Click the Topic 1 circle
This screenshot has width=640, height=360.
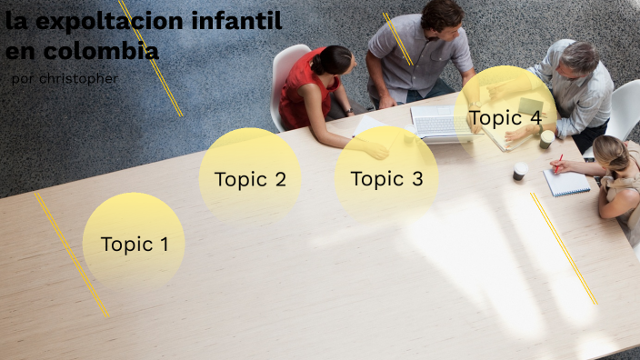[x=134, y=243]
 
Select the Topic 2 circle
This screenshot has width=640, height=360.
[x=250, y=178]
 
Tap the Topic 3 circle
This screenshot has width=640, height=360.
[x=386, y=178]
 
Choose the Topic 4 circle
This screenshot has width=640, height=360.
[x=505, y=116]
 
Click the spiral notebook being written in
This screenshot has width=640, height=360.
[x=566, y=183]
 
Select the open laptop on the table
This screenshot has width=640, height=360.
[x=440, y=124]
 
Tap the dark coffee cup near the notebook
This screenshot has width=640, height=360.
[x=519, y=171]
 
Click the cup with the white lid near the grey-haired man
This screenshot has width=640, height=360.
[x=546, y=138]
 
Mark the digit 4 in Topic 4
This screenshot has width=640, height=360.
[x=535, y=116]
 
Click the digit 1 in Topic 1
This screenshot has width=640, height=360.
[x=165, y=244]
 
